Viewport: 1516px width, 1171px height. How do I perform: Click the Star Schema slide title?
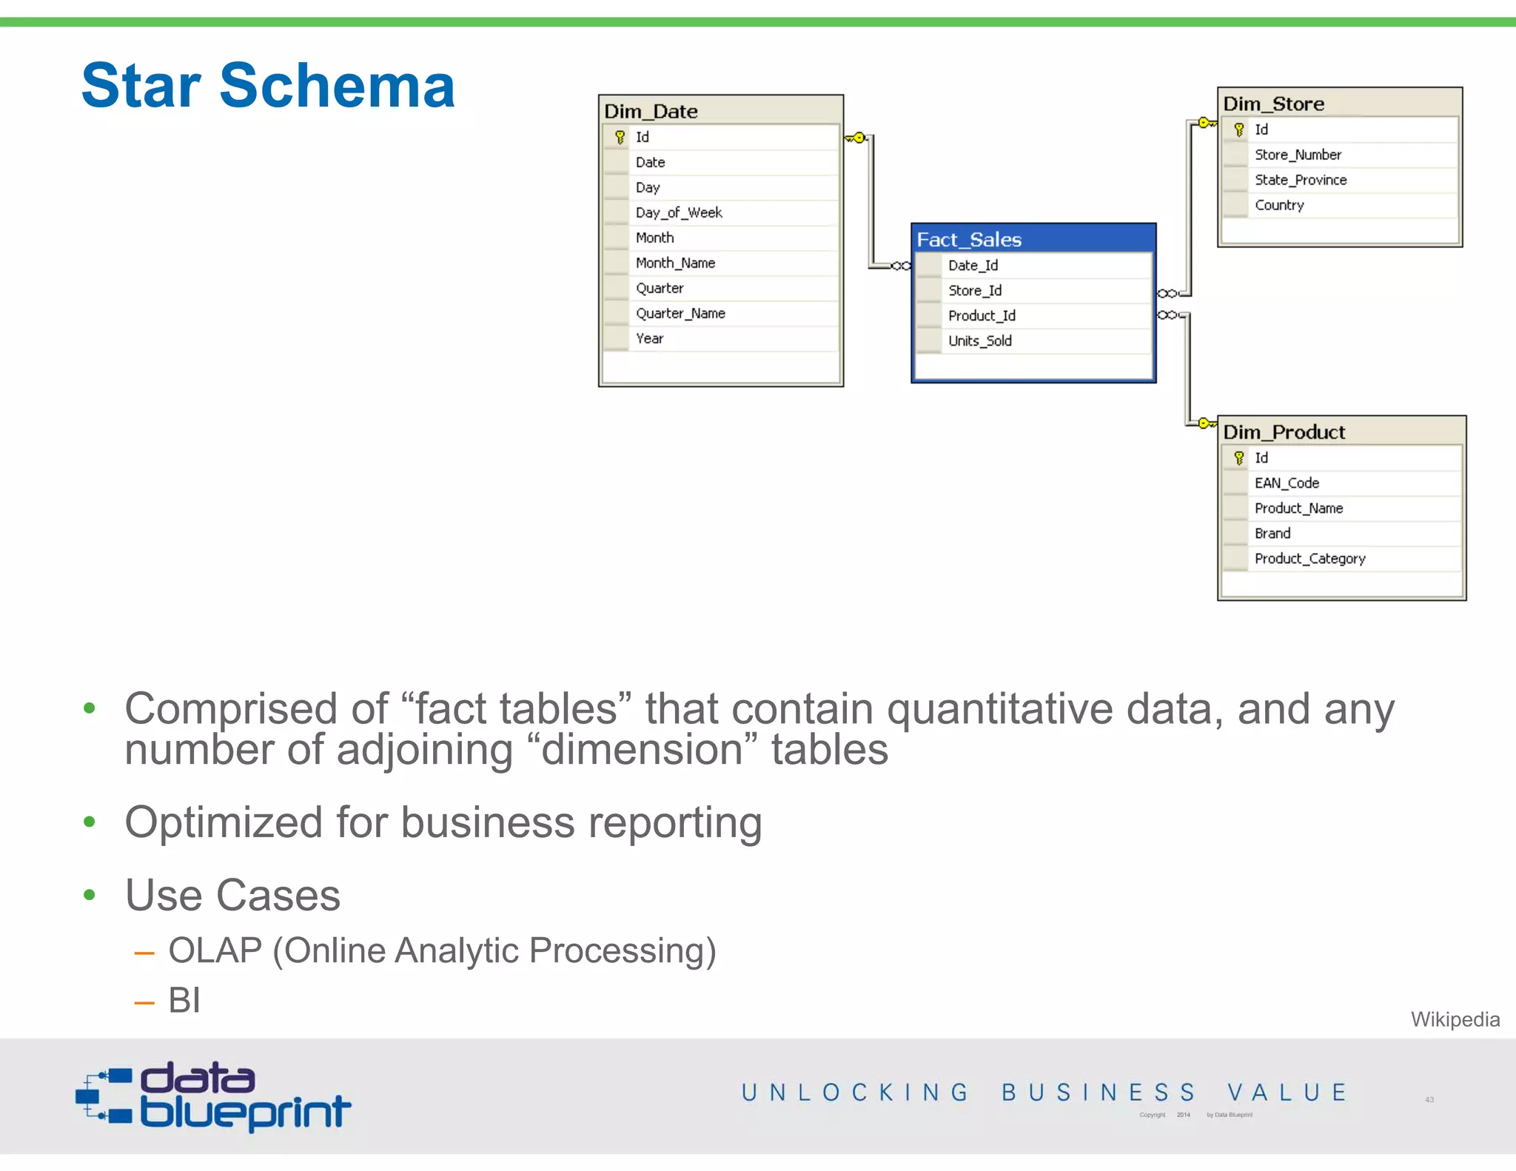click(268, 86)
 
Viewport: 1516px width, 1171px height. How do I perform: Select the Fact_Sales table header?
click(969, 240)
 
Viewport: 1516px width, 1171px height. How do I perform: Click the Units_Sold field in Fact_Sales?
click(979, 340)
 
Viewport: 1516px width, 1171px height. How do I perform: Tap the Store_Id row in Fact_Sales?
click(975, 290)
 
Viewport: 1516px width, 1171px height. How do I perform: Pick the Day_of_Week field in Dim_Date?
click(678, 212)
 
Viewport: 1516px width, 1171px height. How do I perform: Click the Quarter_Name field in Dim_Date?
click(680, 313)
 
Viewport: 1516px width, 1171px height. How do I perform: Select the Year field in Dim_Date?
click(649, 338)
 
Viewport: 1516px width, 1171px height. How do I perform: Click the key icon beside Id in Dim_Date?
click(620, 137)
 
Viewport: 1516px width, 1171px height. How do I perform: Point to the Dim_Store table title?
click(1273, 104)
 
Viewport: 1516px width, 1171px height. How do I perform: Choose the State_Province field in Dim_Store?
click(1300, 180)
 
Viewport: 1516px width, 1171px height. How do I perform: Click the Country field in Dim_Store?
click(1278, 205)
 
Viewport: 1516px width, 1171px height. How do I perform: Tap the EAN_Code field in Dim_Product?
click(1287, 483)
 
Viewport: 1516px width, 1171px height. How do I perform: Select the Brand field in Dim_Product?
click(1272, 534)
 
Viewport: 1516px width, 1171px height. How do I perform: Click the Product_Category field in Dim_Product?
click(1309, 559)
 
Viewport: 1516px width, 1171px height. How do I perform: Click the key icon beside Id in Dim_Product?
click(1238, 458)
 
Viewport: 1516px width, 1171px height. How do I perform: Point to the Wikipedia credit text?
click(1455, 1019)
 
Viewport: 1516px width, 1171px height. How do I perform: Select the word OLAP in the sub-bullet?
click(215, 950)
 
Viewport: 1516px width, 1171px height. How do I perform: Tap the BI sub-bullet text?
click(184, 1000)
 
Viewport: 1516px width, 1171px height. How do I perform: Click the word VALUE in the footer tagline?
click(1287, 1093)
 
